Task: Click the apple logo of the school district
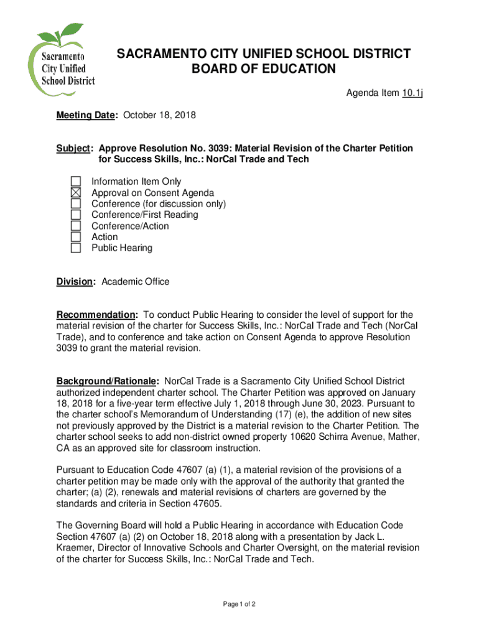60,57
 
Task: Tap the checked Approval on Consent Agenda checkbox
75,193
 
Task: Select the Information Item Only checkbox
75,182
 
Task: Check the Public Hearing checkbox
75,248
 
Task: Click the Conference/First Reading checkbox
75,215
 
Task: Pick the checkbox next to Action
75,237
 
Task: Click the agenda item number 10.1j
411,93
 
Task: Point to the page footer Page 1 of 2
239,604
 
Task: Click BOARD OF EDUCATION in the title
264,68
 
